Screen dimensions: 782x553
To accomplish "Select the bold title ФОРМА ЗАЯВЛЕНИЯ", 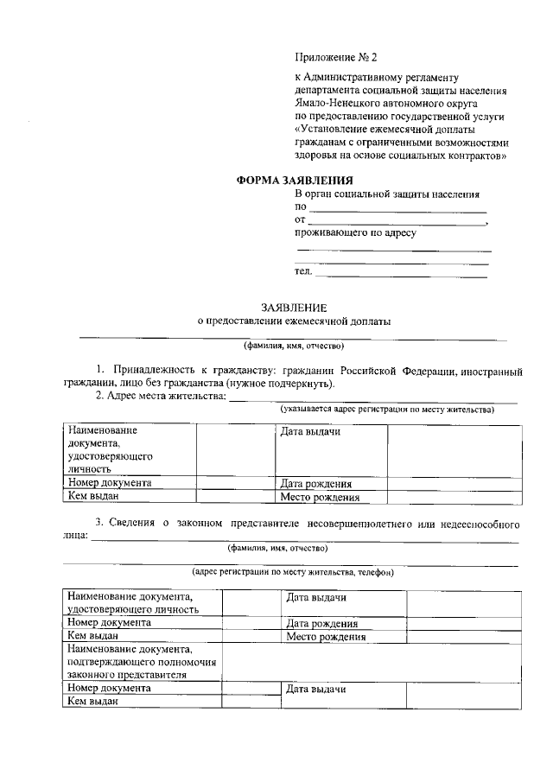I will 295,181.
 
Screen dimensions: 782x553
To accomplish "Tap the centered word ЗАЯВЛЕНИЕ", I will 294,307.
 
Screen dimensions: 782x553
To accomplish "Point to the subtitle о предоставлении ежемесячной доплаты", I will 294,321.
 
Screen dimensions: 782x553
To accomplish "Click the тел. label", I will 303,272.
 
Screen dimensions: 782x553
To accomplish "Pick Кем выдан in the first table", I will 92,496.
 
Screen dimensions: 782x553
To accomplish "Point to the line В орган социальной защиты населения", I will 387,194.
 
